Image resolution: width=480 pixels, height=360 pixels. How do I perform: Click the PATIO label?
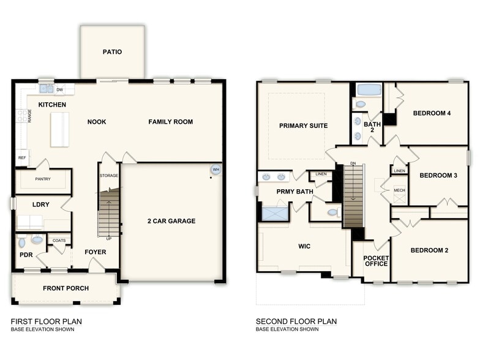pyautogui.click(x=112, y=52)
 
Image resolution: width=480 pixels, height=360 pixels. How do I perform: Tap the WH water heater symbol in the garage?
pyautogui.click(x=215, y=170)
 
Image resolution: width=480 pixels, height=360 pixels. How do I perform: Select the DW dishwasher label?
pyautogui.click(x=59, y=90)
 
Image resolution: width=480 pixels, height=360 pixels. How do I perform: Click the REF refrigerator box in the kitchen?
pyautogui.click(x=22, y=157)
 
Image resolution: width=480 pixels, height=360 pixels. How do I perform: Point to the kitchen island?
pyautogui.click(x=59, y=129)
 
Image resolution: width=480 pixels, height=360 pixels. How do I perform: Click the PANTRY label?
pyautogui.click(x=43, y=179)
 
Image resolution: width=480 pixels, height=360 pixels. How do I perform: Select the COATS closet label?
pyautogui.click(x=59, y=241)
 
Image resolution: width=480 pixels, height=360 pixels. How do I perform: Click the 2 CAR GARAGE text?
pyautogui.click(x=171, y=221)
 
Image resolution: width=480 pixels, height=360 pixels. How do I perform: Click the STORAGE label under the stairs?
pyautogui.click(x=109, y=176)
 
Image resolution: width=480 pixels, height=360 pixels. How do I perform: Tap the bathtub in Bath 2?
pyautogui.click(x=369, y=89)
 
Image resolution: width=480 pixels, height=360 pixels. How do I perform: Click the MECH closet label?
pyautogui.click(x=399, y=190)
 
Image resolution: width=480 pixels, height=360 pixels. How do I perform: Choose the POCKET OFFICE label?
pyautogui.click(x=376, y=260)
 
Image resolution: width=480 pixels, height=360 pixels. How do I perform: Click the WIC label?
pyautogui.click(x=304, y=246)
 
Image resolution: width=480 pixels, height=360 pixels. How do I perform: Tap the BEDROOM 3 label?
pyautogui.click(x=438, y=176)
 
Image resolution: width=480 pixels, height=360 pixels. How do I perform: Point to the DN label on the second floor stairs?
pyautogui.click(x=353, y=163)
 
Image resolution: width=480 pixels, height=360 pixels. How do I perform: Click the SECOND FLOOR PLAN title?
pyautogui.click(x=296, y=321)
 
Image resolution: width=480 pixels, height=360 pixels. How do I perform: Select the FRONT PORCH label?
pyautogui.click(x=66, y=288)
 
